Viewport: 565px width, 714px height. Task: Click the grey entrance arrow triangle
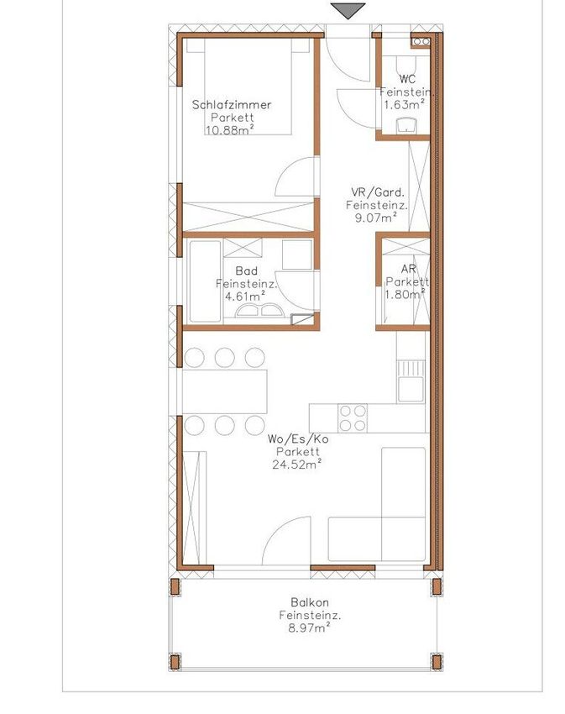(x=348, y=10)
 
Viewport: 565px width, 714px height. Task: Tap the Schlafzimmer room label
(x=232, y=105)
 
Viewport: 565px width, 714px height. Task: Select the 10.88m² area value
(x=229, y=130)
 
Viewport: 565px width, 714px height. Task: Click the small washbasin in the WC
(x=406, y=125)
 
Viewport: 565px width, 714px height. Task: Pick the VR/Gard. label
(x=378, y=192)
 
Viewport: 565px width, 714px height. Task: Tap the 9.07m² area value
(x=375, y=218)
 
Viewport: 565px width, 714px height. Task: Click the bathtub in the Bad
(x=205, y=281)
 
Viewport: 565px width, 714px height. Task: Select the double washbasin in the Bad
(x=259, y=311)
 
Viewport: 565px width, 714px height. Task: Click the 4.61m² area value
(x=245, y=297)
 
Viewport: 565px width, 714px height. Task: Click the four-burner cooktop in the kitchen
(x=353, y=418)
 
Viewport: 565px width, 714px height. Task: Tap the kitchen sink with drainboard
(x=411, y=381)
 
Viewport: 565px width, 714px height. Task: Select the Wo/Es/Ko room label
(x=298, y=439)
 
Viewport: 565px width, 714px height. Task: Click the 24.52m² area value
(x=297, y=465)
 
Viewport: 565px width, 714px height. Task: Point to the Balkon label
(x=310, y=602)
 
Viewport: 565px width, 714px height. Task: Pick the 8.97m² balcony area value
(x=309, y=628)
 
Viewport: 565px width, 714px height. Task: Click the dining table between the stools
(x=225, y=391)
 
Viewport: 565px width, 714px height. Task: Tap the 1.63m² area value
(x=405, y=105)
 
